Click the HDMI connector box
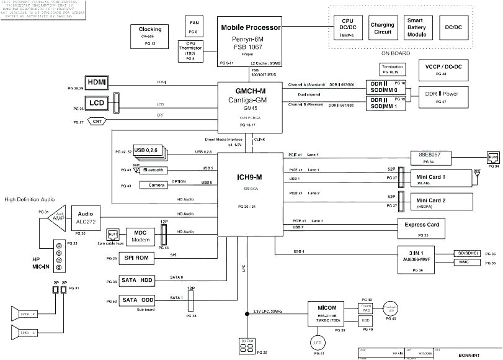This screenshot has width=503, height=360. click(97, 82)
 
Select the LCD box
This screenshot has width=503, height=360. click(97, 103)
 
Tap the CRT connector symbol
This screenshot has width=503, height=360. click(97, 122)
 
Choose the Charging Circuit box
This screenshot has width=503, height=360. click(383, 28)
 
